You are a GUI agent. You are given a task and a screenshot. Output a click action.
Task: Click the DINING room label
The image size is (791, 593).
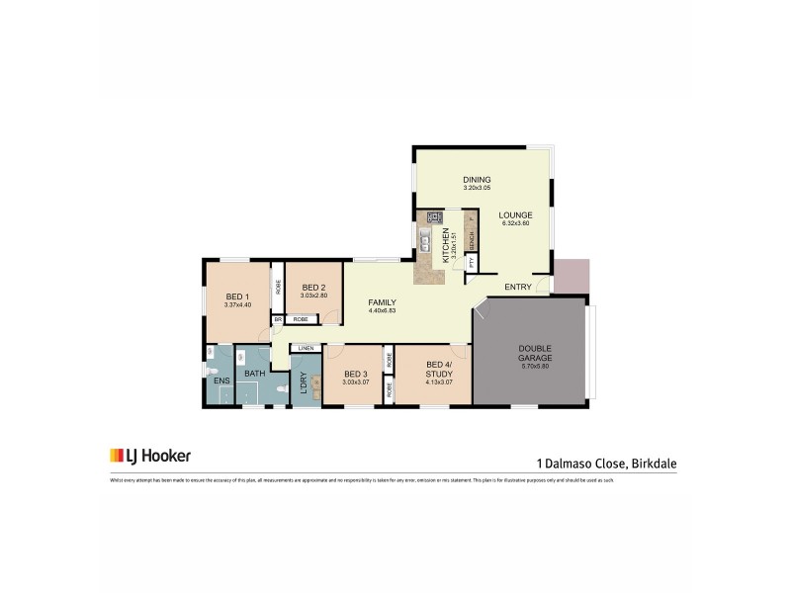point(477,179)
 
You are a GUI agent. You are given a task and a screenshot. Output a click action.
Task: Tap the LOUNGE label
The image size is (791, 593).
point(515,214)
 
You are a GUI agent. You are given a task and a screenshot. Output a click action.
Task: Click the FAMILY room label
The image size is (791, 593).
point(382,301)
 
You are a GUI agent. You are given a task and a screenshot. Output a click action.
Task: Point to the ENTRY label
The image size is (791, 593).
point(518,287)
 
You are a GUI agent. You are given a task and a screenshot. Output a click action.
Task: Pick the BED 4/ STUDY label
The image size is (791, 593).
point(438,370)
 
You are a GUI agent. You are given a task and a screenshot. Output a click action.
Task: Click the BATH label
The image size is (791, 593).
point(254,374)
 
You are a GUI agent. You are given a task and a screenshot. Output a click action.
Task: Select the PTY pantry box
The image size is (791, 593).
point(472,263)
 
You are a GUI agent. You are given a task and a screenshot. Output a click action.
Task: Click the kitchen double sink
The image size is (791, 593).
point(423,240)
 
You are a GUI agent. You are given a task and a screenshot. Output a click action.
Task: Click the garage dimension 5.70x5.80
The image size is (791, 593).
point(535,367)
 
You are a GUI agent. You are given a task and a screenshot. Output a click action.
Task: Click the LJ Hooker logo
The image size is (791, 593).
point(150,456)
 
